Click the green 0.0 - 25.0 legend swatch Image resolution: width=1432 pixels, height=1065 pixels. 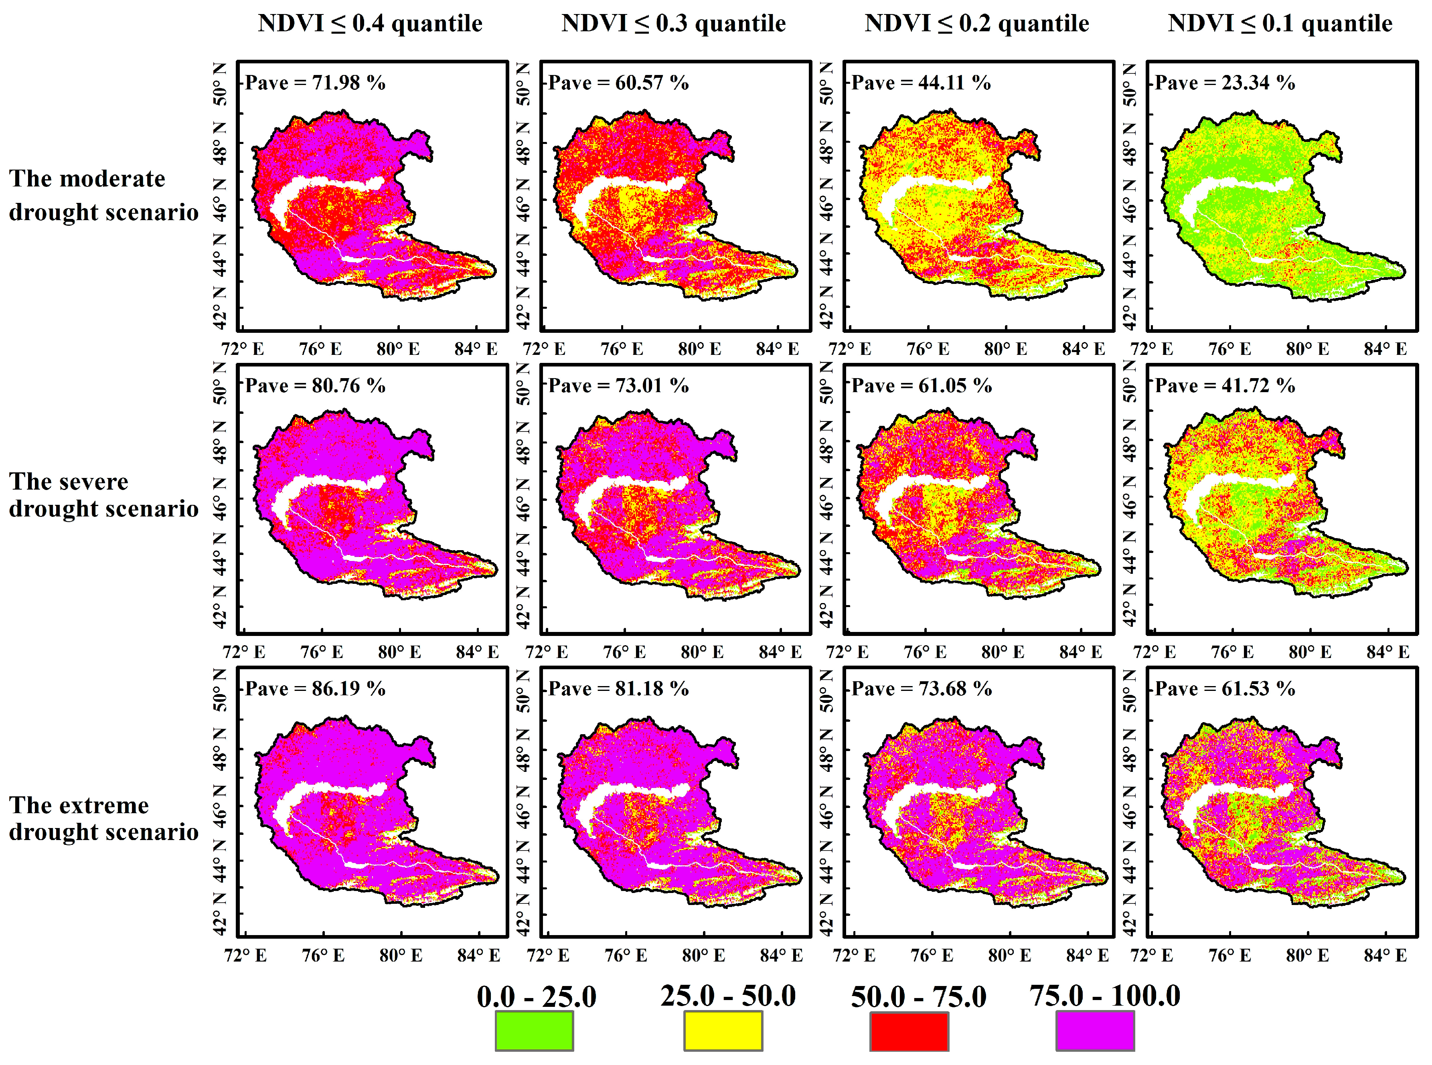click(534, 1030)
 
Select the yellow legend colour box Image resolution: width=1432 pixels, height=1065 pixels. click(723, 1030)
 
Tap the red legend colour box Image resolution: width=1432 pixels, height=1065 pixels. click(909, 1030)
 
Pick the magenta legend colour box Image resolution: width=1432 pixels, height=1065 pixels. click(1095, 1030)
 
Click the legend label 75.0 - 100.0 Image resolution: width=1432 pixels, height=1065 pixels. click(1104, 995)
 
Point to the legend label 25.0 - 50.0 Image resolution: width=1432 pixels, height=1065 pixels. click(728, 995)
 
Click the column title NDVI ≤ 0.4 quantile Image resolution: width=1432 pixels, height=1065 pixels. click(370, 23)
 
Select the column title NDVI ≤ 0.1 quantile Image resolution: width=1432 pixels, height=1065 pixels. click(1280, 23)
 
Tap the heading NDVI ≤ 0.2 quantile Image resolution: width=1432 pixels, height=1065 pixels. click(977, 23)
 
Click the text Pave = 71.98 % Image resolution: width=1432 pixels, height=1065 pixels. click(315, 83)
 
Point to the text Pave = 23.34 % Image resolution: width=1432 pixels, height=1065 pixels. click(1224, 83)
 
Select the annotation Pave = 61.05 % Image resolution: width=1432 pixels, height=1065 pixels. click(922, 385)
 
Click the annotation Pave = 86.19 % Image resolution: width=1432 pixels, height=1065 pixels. click(315, 688)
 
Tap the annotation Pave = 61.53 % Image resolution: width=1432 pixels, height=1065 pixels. click(1224, 688)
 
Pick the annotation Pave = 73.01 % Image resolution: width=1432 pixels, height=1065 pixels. click(618, 385)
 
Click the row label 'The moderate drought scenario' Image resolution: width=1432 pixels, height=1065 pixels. click(103, 195)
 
